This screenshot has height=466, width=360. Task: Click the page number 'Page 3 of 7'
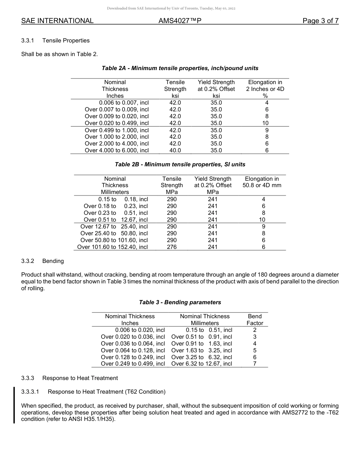[x=320, y=21]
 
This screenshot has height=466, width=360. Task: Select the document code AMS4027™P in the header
[x=180, y=21]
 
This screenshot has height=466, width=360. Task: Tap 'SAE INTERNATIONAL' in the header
[x=57, y=21]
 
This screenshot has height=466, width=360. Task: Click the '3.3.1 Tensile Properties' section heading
[x=55, y=41]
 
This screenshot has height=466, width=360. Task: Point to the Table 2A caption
[x=180, y=68]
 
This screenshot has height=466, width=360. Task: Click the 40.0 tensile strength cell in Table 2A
[x=175, y=150]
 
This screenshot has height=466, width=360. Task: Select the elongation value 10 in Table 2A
[x=265, y=123]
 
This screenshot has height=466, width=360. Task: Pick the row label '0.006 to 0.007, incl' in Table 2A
[x=124, y=103]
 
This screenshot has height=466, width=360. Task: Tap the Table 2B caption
[x=180, y=164]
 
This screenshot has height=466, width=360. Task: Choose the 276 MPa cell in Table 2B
[x=172, y=247]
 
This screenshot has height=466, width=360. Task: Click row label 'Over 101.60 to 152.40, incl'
[x=113, y=247]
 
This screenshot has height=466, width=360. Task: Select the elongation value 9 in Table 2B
[x=263, y=227]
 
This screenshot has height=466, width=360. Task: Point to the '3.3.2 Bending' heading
[x=42, y=261]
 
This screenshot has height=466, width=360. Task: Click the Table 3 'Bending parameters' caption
[x=180, y=302]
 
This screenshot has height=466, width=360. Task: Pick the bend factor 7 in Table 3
[x=255, y=364]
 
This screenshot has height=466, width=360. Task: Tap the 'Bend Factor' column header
[x=255, y=320]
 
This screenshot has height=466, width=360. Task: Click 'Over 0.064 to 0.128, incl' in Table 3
[x=133, y=350]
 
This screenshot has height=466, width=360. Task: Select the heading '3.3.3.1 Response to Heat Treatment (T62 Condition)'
[x=93, y=391]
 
